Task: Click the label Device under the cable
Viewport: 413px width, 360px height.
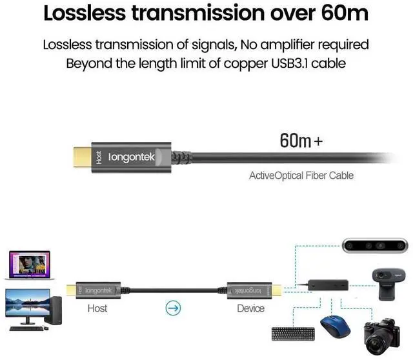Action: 250,308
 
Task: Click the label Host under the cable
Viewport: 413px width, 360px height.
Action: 97,308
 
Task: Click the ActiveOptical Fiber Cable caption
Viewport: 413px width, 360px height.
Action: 301,175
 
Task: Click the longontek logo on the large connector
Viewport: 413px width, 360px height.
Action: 134,157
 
